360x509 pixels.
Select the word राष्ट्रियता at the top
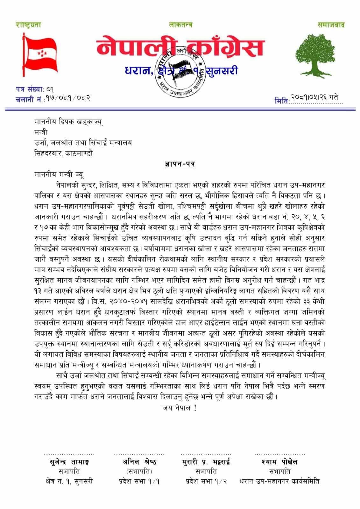(29, 25)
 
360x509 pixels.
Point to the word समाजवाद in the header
(331, 25)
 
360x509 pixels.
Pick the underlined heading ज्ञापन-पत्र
(180, 164)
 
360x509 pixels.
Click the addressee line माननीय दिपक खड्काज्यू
(68, 122)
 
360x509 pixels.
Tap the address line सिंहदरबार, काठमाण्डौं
(64, 153)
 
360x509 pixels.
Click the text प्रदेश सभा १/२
(206, 481)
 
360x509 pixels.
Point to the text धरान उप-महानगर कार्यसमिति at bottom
(279, 481)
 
